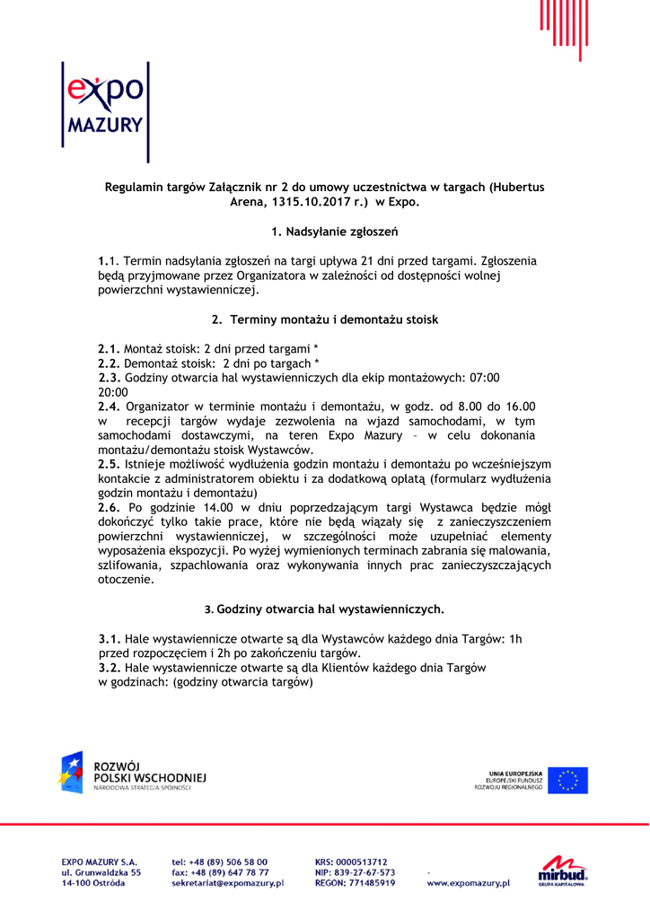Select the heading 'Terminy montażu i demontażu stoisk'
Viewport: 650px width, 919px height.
pos(334,319)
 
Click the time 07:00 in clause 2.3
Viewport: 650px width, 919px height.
pos(483,378)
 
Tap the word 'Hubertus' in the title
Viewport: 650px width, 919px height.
pos(518,188)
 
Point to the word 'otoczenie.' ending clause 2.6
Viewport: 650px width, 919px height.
pos(126,580)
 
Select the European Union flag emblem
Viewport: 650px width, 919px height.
pos(568,780)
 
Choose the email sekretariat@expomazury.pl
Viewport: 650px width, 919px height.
pos(227,884)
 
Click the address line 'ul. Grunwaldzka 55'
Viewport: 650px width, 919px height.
pos(101,872)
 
